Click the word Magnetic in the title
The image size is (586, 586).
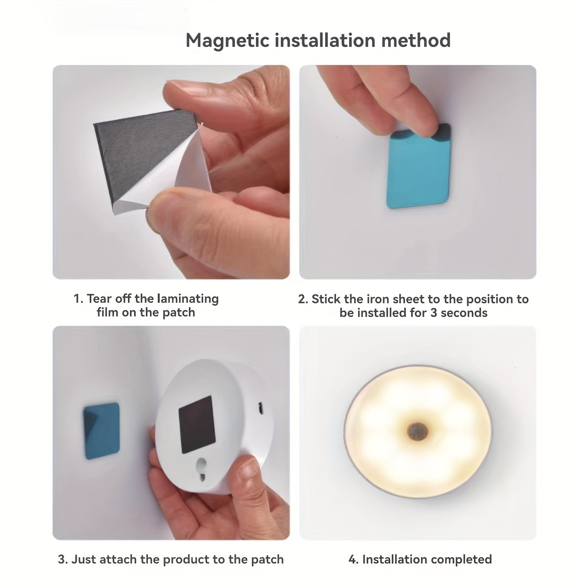tap(227, 40)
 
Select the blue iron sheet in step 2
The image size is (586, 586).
tap(419, 171)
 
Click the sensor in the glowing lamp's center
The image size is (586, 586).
tap(418, 431)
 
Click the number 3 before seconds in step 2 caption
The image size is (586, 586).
tap(434, 313)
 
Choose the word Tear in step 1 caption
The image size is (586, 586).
tap(99, 298)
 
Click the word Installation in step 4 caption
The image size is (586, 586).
tap(393, 559)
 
